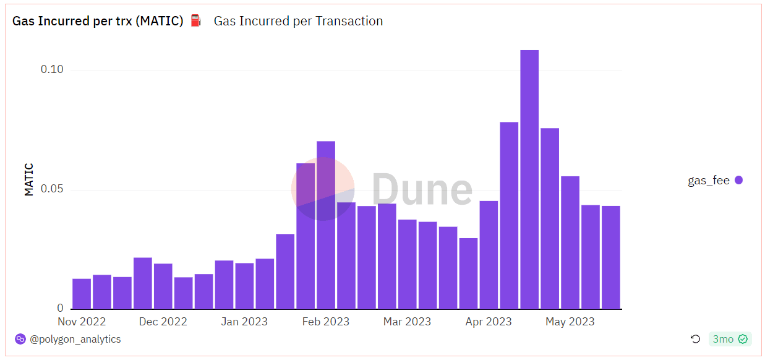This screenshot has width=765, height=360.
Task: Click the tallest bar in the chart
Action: click(529, 179)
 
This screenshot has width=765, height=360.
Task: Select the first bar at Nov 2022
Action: click(82, 294)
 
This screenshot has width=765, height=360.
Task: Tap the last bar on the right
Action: click(611, 257)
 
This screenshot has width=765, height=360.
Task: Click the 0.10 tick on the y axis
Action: click(52, 69)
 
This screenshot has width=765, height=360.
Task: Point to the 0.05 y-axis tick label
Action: click(52, 189)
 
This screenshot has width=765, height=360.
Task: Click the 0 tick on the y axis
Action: click(61, 308)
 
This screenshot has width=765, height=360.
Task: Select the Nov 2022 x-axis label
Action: click(82, 322)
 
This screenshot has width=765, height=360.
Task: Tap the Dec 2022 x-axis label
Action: click(163, 322)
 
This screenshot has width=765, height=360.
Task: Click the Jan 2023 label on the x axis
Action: click(244, 322)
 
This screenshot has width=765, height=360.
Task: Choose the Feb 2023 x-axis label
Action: click(326, 322)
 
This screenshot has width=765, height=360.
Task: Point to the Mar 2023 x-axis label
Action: click(407, 322)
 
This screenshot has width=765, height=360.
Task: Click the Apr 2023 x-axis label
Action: click(489, 322)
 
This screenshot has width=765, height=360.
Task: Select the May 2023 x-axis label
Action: click(570, 322)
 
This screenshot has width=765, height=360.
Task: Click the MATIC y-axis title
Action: click(29, 179)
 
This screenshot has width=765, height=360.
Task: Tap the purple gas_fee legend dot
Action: click(738, 181)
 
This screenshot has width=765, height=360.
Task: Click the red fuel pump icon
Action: click(196, 21)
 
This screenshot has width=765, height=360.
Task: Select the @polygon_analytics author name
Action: click(75, 340)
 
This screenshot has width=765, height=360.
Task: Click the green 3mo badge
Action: click(730, 339)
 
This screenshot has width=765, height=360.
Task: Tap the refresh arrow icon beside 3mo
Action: click(695, 339)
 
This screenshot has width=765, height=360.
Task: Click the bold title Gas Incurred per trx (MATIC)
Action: click(98, 21)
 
